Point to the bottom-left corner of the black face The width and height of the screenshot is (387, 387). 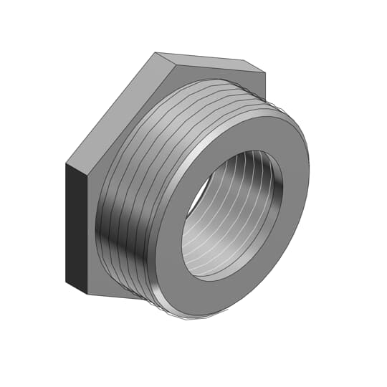(66, 282)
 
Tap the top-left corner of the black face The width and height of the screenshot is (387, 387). (66, 163)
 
